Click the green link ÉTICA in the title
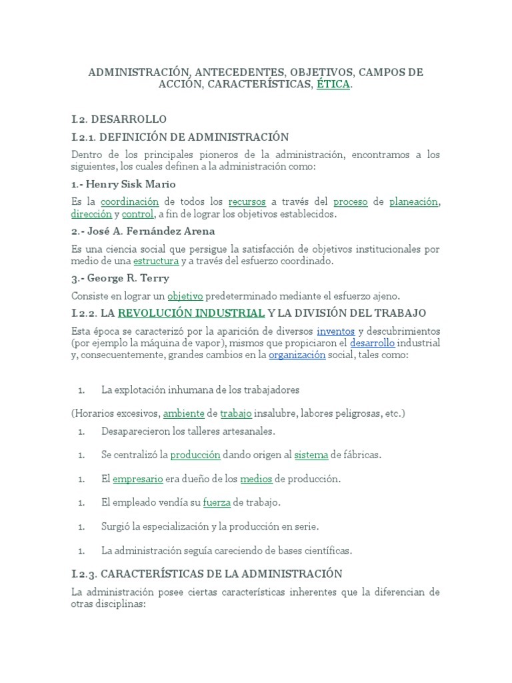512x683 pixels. pyautogui.click(x=333, y=85)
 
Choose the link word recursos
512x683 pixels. pyautogui.click(x=247, y=201)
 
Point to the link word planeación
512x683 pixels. pyautogui.click(x=414, y=201)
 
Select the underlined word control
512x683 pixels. pyautogui.click(x=138, y=214)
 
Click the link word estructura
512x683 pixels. pyautogui.click(x=156, y=261)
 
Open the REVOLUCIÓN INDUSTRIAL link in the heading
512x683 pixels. pyautogui.click(x=191, y=313)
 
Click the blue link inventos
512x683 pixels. pyautogui.click(x=335, y=331)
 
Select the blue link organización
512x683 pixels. pyautogui.click(x=297, y=356)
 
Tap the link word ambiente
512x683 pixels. pyautogui.click(x=183, y=414)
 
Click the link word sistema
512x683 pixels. pyautogui.click(x=311, y=455)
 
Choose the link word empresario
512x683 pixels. pyautogui.click(x=138, y=479)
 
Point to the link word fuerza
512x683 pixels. pyautogui.click(x=217, y=502)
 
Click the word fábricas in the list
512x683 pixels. pyautogui.click(x=361, y=455)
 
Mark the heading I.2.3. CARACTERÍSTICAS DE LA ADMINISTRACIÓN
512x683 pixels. pyautogui.click(x=207, y=574)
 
